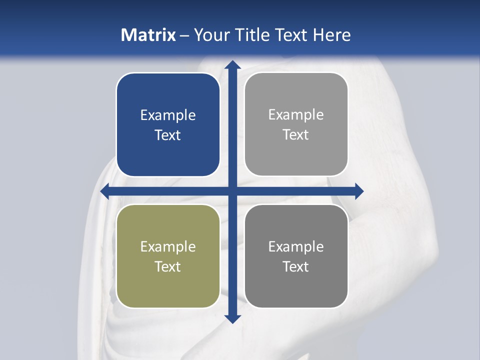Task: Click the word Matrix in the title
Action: click(148, 35)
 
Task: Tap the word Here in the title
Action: click(332, 35)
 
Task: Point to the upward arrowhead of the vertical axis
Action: click(232, 64)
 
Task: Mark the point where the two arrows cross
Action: click(232, 191)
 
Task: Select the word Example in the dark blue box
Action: click(167, 115)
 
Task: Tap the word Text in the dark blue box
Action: click(167, 135)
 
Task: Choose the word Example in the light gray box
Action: click(296, 114)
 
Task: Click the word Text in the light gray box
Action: click(296, 134)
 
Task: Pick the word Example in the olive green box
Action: click(167, 246)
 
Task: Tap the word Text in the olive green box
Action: click(167, 266)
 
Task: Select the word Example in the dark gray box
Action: click(296, 246)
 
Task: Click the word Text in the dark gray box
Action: click(296, 266)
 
